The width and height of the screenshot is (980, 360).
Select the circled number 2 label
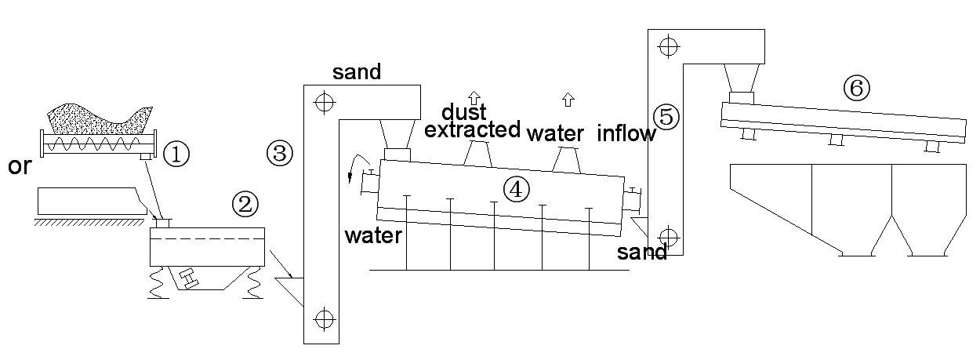click(x=245, y=205)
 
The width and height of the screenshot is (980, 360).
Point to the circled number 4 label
click(x=517, y=188)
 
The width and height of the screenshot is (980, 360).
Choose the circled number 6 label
click(x=856, y=89)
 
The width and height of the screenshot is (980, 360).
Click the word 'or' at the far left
click(x=18, y=166)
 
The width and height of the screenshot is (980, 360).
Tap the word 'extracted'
click(x=472, y=129)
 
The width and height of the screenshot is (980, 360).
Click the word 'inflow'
click(x=626, y=133)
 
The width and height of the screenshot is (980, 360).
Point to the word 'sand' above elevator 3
click(x=356, y=73)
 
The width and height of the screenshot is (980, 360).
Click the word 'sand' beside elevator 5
click(x=642, y=253)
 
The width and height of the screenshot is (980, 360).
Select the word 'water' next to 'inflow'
click(x=555, y=133)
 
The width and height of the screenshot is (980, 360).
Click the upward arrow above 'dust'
click(x=474, y=98)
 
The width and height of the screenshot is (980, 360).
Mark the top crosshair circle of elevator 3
click(x=321, y=101)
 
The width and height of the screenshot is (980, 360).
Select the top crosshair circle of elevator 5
click(x=667, y=46)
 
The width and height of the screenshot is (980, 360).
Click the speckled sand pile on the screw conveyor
click(x=98, y=118)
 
